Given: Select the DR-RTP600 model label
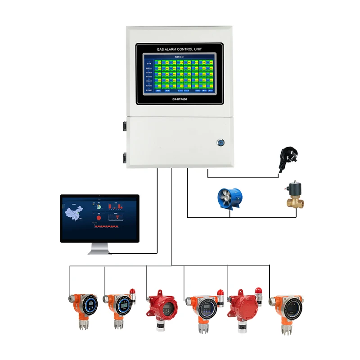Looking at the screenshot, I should pyautogui.click(x=180, y=99).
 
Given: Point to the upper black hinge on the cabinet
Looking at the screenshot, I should pyautogui.click(x=124, y=126).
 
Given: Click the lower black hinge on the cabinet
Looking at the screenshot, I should pyautogui.click(x=124, y=157).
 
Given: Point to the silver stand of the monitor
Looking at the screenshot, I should pyautogui.click(x=99, y=248).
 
